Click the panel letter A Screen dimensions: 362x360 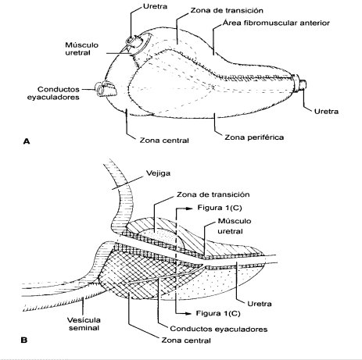[27, 141]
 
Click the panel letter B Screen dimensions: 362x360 [24, 340]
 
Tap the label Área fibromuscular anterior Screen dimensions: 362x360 [276, 23]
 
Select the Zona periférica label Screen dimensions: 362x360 [254, 137]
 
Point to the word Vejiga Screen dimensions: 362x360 [158, 173]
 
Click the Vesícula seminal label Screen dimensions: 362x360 [84, 323]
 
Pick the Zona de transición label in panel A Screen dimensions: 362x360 [227, 10]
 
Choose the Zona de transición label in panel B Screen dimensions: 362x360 [213, 194]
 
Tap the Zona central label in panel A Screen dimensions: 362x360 [164, 141]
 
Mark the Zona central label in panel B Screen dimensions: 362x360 [186, 340]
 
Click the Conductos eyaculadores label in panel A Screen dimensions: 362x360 [53, 93]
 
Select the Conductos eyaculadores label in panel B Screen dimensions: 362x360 [219, 329]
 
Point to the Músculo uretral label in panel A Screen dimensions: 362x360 [81, 48]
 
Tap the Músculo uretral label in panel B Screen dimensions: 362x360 [235, 226]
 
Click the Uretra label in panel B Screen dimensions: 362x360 [260, 304]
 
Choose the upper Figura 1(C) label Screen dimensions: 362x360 [220, 208]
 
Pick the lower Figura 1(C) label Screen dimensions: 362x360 [218, 313]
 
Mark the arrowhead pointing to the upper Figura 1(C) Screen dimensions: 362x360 [189, 208]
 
